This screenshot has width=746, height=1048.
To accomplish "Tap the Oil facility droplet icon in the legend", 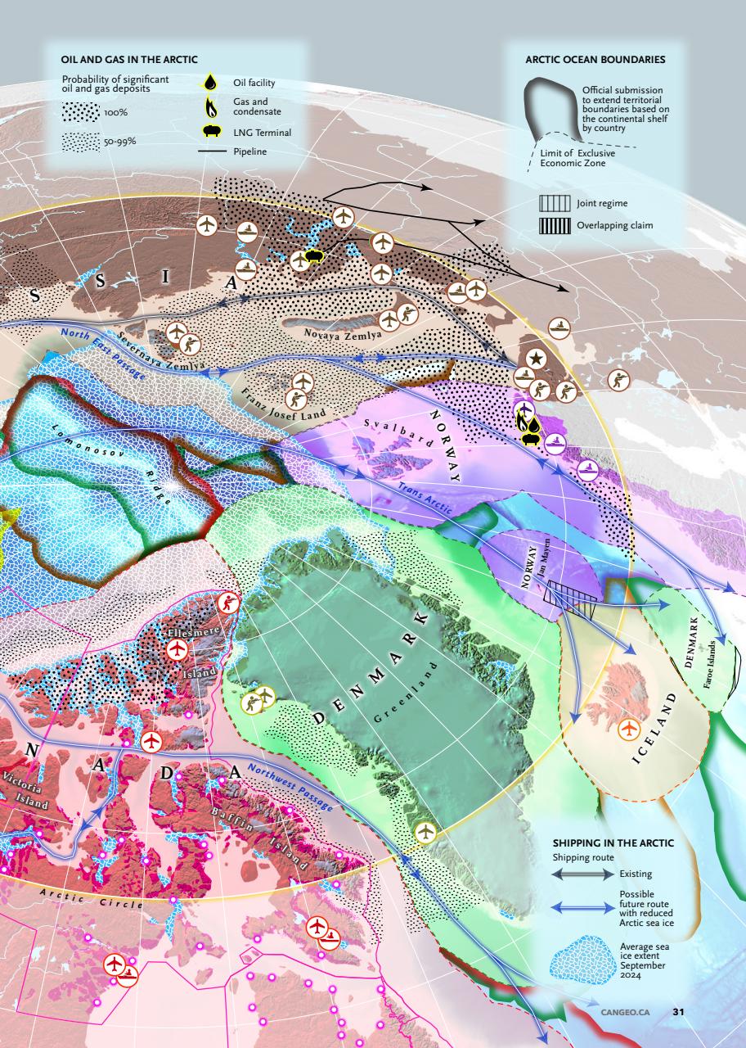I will [x=211, y=82].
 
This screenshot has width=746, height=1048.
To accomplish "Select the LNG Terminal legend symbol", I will [x=211, y=131].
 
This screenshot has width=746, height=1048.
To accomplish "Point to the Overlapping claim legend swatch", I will [x=554, y=225].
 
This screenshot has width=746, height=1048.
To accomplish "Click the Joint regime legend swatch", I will [x=554, y=202].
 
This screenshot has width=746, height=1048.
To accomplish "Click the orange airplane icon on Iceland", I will [x=628, y=727].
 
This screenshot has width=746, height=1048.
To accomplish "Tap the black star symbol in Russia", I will [x=535, y=357].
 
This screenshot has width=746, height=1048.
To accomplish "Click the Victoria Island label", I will [x=28, y=789].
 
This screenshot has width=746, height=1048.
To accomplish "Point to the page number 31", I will [x=677, y=1011].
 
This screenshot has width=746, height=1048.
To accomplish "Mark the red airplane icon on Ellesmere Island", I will [x=177, y=649].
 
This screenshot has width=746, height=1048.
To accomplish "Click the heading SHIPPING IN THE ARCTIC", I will [x=613, y=842].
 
